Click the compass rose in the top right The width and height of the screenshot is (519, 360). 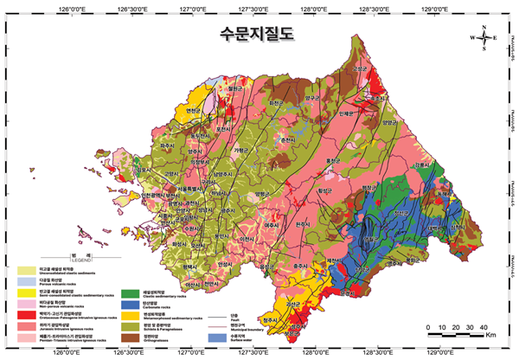pyautogui.click(x=484, y=37)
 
